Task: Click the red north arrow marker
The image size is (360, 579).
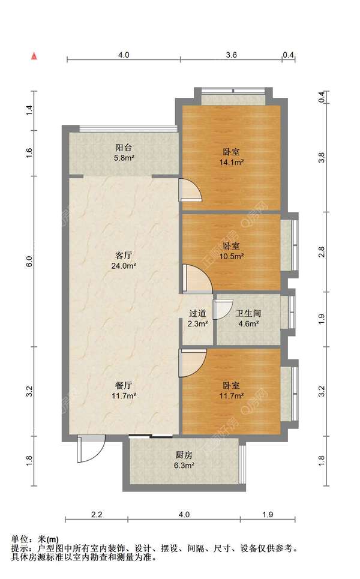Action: [x=34, y=56]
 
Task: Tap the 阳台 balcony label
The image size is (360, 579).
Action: [x=124, y=148]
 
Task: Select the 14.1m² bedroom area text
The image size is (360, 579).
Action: [x=232, y=162]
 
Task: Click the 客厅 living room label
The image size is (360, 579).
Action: [x=124, y=256]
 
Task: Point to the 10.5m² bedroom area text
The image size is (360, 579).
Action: [x=232, y=256]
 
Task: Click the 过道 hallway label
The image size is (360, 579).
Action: [x=197, y=314]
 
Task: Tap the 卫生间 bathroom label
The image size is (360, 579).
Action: [x=248, y=314]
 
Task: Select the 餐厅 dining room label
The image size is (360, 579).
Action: [x=124, y=386]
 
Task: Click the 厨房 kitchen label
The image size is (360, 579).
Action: [x=184, y=455]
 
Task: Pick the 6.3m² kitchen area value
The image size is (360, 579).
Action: [x=184, y=466]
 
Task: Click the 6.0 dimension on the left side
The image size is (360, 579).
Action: [x=30, y=262]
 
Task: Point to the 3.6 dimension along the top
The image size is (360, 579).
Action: [x=231, y=55]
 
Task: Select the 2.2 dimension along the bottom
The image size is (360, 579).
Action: [x=97, y=514]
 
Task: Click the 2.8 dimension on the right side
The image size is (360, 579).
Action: [x=322, y=252]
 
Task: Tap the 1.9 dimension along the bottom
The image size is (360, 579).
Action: [x=268, y=514]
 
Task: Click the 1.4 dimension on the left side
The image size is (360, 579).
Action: [x=30, y=110]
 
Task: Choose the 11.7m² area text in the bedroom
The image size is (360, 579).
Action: [x=232, y=396]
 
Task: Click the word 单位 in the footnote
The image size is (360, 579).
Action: [x=20, y=539]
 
